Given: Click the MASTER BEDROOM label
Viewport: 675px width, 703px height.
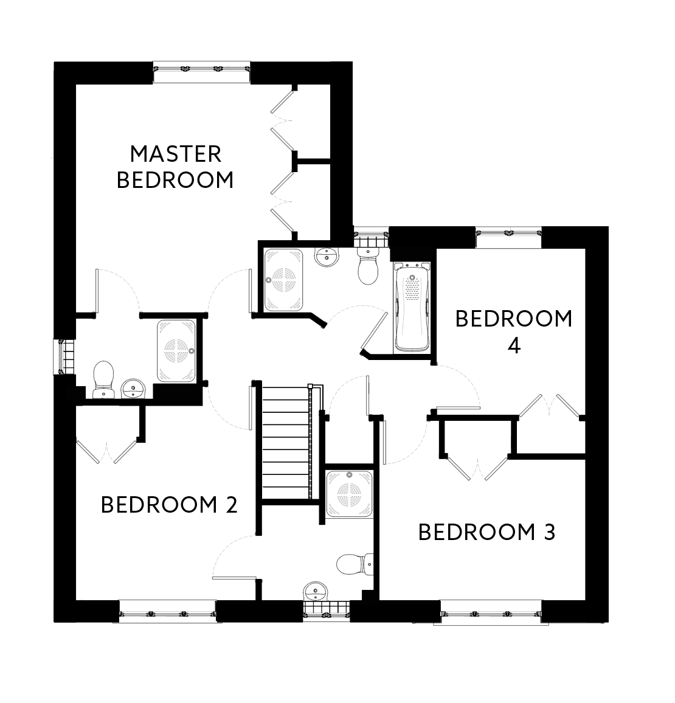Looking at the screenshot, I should coord(175,167).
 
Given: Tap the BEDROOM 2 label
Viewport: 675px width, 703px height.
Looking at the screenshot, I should coord(169,505).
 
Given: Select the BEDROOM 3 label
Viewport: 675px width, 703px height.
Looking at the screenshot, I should coord(486,533).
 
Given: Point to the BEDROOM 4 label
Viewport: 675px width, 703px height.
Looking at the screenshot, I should coord(514,332).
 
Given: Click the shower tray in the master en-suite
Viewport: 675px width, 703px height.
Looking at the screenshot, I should coord(176,351).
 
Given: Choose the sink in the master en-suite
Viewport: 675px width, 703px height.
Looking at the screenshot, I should coord(133,388).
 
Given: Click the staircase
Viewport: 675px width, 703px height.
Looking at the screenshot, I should coord(286,444).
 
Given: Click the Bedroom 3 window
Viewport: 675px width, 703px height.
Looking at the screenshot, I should coord(490,611).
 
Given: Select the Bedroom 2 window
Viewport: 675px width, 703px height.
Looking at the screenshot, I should coord(167,611).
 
